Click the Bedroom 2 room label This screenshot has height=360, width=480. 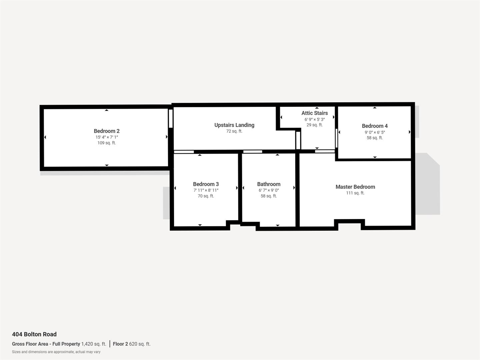[106, 131]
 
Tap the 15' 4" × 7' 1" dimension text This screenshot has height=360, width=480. [107, 137]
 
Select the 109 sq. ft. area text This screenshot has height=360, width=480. [107, 143]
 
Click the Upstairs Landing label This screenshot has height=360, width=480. [234, 125]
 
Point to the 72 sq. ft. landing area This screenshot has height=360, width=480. [234, 131]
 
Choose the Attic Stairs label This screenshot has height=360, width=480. [314, 113]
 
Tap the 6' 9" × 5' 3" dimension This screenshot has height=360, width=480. [314, 119]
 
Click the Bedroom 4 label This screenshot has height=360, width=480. [375, 126]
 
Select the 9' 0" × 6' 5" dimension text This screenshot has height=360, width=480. [375, 132]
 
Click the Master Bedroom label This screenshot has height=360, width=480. [355, 187]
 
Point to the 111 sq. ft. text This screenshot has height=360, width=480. [355, 193]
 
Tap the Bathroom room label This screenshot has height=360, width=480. [269, 184]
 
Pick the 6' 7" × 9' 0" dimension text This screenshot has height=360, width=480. [269, 190]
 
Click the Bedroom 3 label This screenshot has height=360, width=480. [206, 184]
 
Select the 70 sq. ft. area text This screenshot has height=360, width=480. [206, 196]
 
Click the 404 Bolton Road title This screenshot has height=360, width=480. [34, 334]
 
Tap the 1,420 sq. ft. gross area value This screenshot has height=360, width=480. [94, 344]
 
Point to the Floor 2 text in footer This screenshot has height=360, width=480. [120, 344]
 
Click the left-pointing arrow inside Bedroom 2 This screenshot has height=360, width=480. [45, 137]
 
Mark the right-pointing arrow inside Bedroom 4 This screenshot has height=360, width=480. [409, 132]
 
